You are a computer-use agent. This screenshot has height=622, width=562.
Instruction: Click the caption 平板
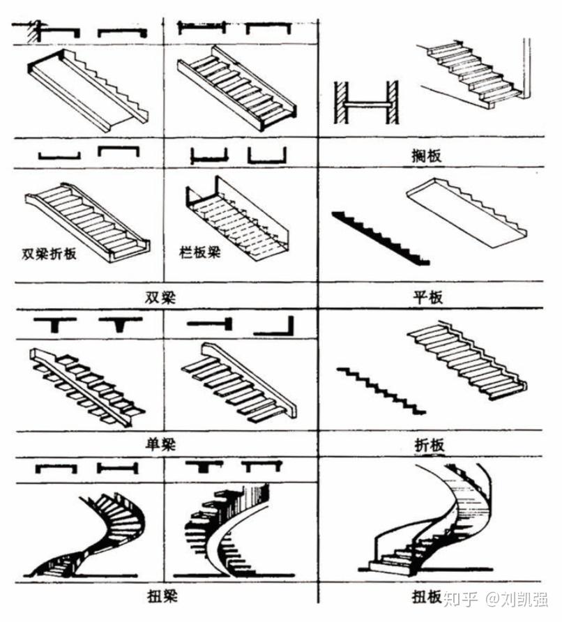(x=427, y=296)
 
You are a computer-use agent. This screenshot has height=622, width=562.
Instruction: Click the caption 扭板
(x=427, y=597)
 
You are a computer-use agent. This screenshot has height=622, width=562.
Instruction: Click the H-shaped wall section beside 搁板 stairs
(x=365, y=103)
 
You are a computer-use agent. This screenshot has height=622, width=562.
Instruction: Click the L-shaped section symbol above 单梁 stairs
(x=273, y=326)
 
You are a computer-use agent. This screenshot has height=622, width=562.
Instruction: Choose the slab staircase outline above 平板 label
(x=464, y=209)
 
